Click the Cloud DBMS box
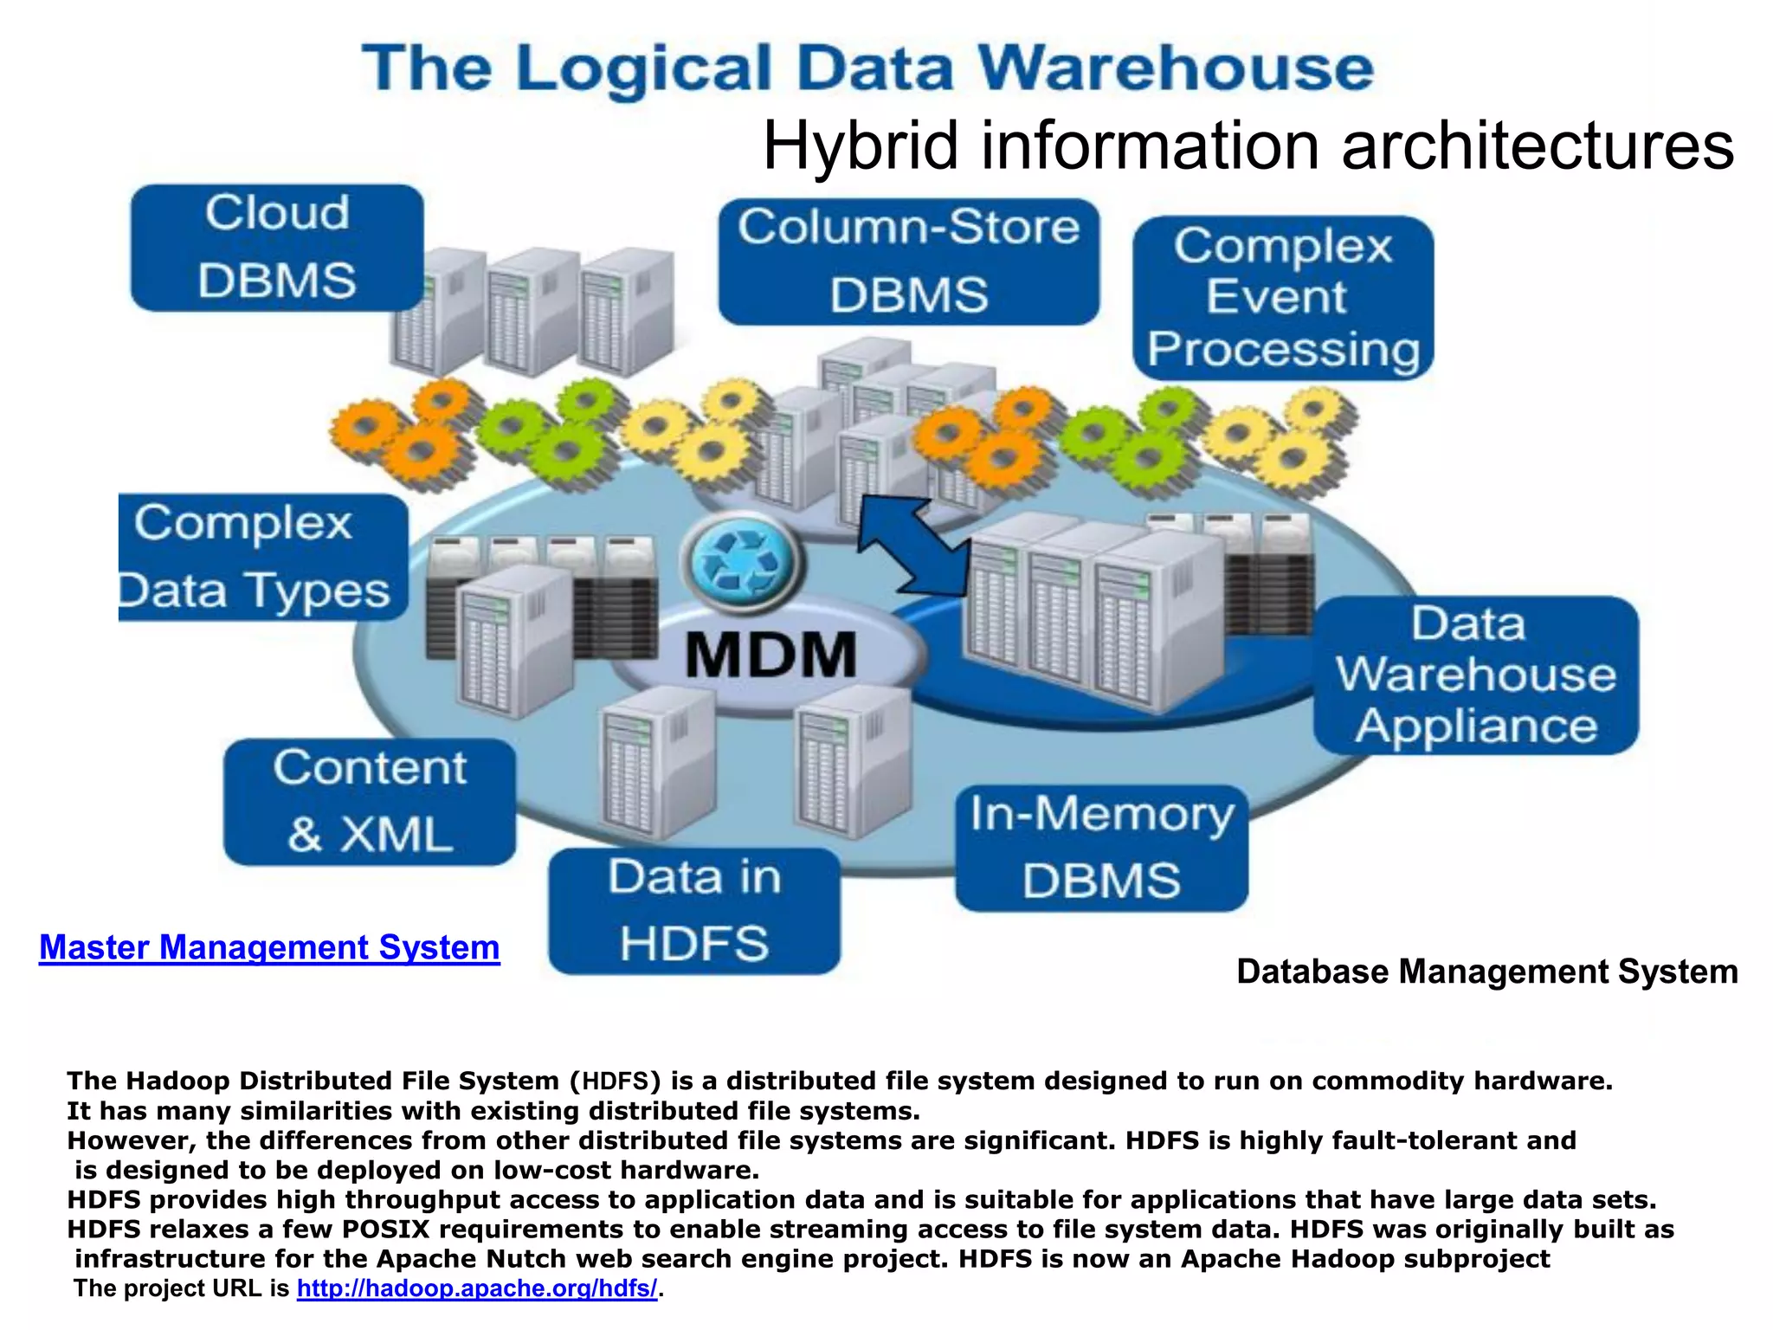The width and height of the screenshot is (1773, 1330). pyautogui.click(x=277, y=248)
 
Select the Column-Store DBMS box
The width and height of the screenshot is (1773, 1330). pyautogui.click(x=908, y=261)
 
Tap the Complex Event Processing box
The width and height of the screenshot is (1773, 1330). pyautogui.click(x=1283, y=298)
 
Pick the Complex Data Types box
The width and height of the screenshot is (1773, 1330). pyautogui.click(x=263, y=557)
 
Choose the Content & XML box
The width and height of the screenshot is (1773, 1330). pyautogui.click(x=370, y=802)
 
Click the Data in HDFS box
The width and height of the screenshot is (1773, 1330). pyautogui.click(x=694, y=911)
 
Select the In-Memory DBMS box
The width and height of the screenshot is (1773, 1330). pyautogui.click(x=1101, y=848)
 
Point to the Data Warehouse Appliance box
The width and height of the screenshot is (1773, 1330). pyautogui.click(x=1475, y=675)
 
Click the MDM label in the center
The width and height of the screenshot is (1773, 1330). pyautogui.click(x=770, y=655)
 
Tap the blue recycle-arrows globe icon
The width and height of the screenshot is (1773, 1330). pyautogui.click(x=743, y=563)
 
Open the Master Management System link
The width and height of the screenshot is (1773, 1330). pyautogui.click(x=269, y=947)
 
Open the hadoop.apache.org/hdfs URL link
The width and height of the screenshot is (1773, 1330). pyautogui.click(x=477, y=1288)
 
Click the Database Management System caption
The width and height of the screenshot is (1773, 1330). pyautogui.click(x=1486, y=972)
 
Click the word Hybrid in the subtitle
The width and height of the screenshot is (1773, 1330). pyautogui.click(x=860, y=145)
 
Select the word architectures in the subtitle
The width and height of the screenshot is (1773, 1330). pyautogui.click(x=1538, y=145)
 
